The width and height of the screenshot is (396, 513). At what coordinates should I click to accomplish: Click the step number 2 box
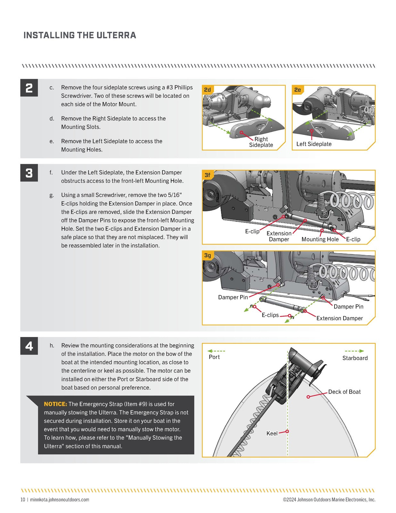pyautogui.click(x=29, y=88)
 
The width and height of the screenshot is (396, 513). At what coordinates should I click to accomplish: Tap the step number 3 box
pyautogui.click(x=29, y=173)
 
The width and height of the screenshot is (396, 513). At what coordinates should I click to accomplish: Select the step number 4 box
pyautogui.click(x=29, y=346)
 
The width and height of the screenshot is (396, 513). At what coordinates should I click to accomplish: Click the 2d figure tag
pyautogui.click(x=208, y=90)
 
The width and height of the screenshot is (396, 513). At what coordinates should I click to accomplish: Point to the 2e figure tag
pyautogui.click(x=298, y=90)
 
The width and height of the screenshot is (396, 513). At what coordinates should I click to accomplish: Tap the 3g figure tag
pyautogui.click(x=208, y=255)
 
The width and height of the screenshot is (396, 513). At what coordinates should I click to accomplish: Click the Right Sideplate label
pyautogui.click(x=261, y=142)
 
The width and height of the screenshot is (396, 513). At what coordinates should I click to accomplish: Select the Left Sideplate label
pyautogui.click(x=314, y=144)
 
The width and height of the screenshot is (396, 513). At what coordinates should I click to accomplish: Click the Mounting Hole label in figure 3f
pyautogui.click(x=320, y=240)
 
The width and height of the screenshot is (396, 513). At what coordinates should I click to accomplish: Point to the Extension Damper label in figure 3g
pyautogui.click(x=339, y=318)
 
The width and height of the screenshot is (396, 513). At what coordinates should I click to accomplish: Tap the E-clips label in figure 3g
pyautogui.click(x=270, y=315)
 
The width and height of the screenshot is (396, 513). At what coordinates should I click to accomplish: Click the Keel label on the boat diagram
pyautogui.click(x=272, y=433)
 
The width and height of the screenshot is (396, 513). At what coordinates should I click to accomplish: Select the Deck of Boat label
pyautogui.click(x=344, y=392)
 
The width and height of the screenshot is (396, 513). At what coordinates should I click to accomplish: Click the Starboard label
pyautogui.click(x=355, y=358)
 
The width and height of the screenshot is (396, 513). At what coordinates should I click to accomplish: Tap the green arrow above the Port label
pyautogui.click(x=216, y=351)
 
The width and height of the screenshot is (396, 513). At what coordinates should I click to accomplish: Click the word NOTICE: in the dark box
pyautogui.click(x=55, y=404)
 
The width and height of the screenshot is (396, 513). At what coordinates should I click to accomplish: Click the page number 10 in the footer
pyautogui.click(x=23, y=500)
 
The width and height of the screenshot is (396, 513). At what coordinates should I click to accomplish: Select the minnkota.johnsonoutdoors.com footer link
pyautogui.click(x=60, y=500)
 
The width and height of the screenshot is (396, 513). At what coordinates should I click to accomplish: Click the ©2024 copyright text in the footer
pyautogui.click(x=329, y=500)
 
